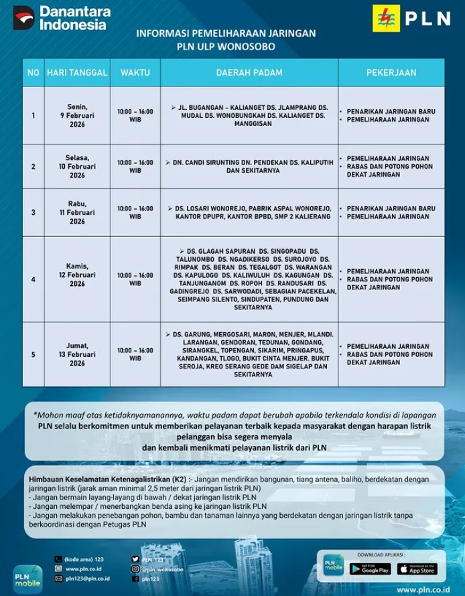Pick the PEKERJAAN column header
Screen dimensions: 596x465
click(x=391, y=72)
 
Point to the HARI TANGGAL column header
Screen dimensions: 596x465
click(x=77, y=72)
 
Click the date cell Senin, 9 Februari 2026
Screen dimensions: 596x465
click(x=77, y=115)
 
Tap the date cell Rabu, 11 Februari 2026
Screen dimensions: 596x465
click(x=77, y=212)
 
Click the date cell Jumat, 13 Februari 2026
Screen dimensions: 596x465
click(x=77, y=354)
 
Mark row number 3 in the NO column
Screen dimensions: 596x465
click(x=33, y=212)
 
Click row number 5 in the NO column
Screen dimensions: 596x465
click(x=33, y=354)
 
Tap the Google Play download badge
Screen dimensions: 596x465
click(x=370, y=569)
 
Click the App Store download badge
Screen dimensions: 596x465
click(x=417, y=569)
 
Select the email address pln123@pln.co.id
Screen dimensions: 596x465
click(x=88, y=578)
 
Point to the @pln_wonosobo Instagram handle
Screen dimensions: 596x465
click(x=164, y=569)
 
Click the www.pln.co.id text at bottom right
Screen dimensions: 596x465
click(x=423, y=589)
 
